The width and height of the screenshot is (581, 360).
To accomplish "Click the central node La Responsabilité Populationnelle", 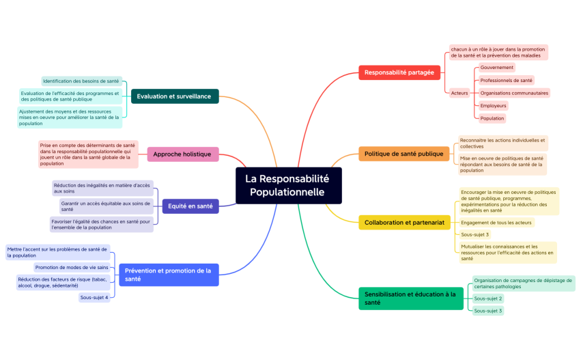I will [288, 185].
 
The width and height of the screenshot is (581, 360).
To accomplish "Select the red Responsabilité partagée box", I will [399, 72].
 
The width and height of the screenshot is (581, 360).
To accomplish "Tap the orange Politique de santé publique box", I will [403, 154].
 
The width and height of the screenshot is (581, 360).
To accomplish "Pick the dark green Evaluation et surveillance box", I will [174, 96].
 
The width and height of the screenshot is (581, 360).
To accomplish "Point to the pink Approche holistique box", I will [183, 154].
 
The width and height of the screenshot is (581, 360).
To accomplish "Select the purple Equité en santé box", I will [190, 206].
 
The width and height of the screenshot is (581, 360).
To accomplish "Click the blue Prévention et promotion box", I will [168, 275].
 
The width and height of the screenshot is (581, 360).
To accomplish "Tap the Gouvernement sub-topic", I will [496, 68].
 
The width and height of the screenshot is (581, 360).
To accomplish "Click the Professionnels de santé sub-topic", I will [506, 81].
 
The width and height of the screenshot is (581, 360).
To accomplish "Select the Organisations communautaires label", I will [514, 93].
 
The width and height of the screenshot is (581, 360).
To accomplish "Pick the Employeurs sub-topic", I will [493, 106].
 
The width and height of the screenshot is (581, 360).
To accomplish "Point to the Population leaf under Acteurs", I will [492, 118].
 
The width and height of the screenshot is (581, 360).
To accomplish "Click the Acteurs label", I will [459, 93].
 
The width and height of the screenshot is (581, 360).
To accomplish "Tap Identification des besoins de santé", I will [81, 81].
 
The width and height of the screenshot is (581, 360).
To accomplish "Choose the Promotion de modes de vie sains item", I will [72, 267].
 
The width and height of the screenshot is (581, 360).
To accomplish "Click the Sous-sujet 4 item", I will [94, 297].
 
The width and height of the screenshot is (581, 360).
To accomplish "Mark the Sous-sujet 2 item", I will [488, 299].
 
